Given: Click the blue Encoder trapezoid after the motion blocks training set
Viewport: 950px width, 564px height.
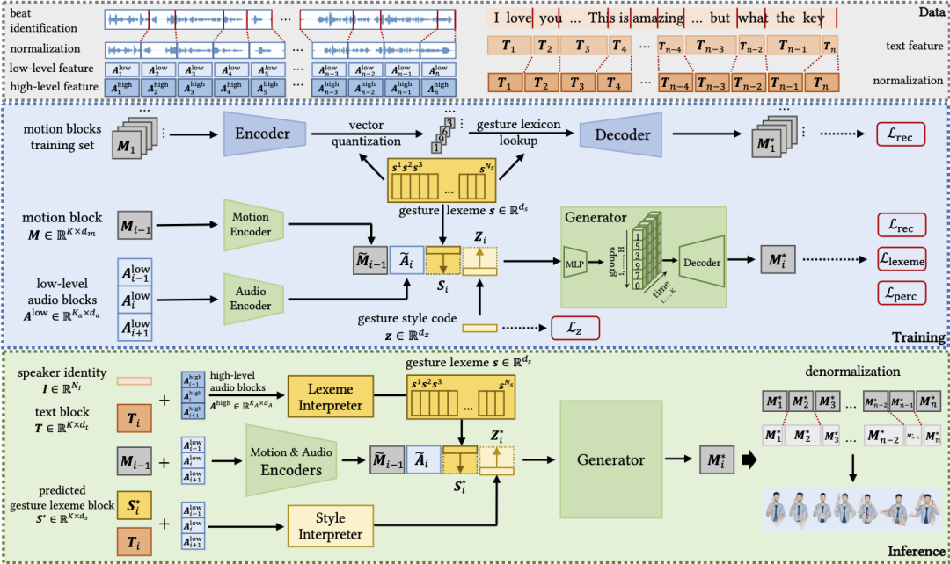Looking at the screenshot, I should tap(262, 134).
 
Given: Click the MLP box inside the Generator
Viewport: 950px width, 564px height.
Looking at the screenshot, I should tap(575, 261).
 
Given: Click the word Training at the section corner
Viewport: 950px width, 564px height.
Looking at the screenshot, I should tap(917, 337).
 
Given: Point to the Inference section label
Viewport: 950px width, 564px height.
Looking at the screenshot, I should tap(915, 552).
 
